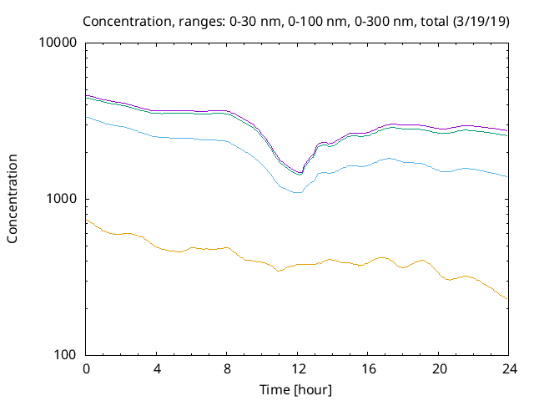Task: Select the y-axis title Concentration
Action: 13,199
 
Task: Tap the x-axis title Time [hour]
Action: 296,389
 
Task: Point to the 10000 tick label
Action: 58,43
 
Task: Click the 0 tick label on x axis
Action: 86,369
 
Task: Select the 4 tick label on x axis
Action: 157,369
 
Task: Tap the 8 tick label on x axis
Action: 227,369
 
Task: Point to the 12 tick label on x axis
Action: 297,369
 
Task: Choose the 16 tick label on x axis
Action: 367,369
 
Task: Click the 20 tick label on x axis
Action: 437,369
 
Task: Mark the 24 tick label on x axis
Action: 507,369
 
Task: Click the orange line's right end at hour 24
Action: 507,298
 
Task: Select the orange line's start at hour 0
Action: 87,220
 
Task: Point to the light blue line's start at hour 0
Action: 87,117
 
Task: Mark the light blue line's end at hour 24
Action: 507,176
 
